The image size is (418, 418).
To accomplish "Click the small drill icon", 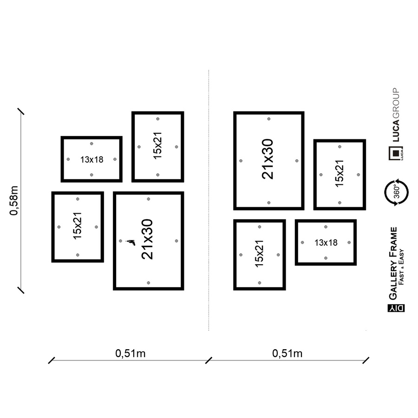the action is [131, 242].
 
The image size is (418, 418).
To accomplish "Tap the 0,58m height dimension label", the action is [13, 201].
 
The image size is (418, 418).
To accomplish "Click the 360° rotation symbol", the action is [397, 192].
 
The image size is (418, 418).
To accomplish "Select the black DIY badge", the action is [396, 308].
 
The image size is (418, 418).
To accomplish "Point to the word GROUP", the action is [396, 103].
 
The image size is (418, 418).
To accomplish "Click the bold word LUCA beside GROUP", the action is [396, 131].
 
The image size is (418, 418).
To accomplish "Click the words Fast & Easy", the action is [401, 267].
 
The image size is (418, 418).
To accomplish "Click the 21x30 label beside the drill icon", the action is [147, 239].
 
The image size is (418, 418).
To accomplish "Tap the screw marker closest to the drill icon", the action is [120, 241].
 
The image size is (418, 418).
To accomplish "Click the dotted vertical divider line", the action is [209, 200].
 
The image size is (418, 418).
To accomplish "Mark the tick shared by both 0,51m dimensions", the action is [209, 360].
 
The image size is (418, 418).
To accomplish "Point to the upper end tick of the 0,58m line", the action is [21, 111].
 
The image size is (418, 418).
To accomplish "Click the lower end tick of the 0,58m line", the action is [21, 290].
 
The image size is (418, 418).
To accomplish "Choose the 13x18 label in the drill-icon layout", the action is [91, 159].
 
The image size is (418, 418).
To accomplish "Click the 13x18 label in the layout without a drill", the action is [326, 242].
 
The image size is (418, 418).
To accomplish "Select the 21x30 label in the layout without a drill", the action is [268, 159].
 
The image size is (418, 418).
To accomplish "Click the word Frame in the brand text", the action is [393, 242].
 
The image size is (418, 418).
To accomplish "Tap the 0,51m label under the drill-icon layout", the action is [131, 353].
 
